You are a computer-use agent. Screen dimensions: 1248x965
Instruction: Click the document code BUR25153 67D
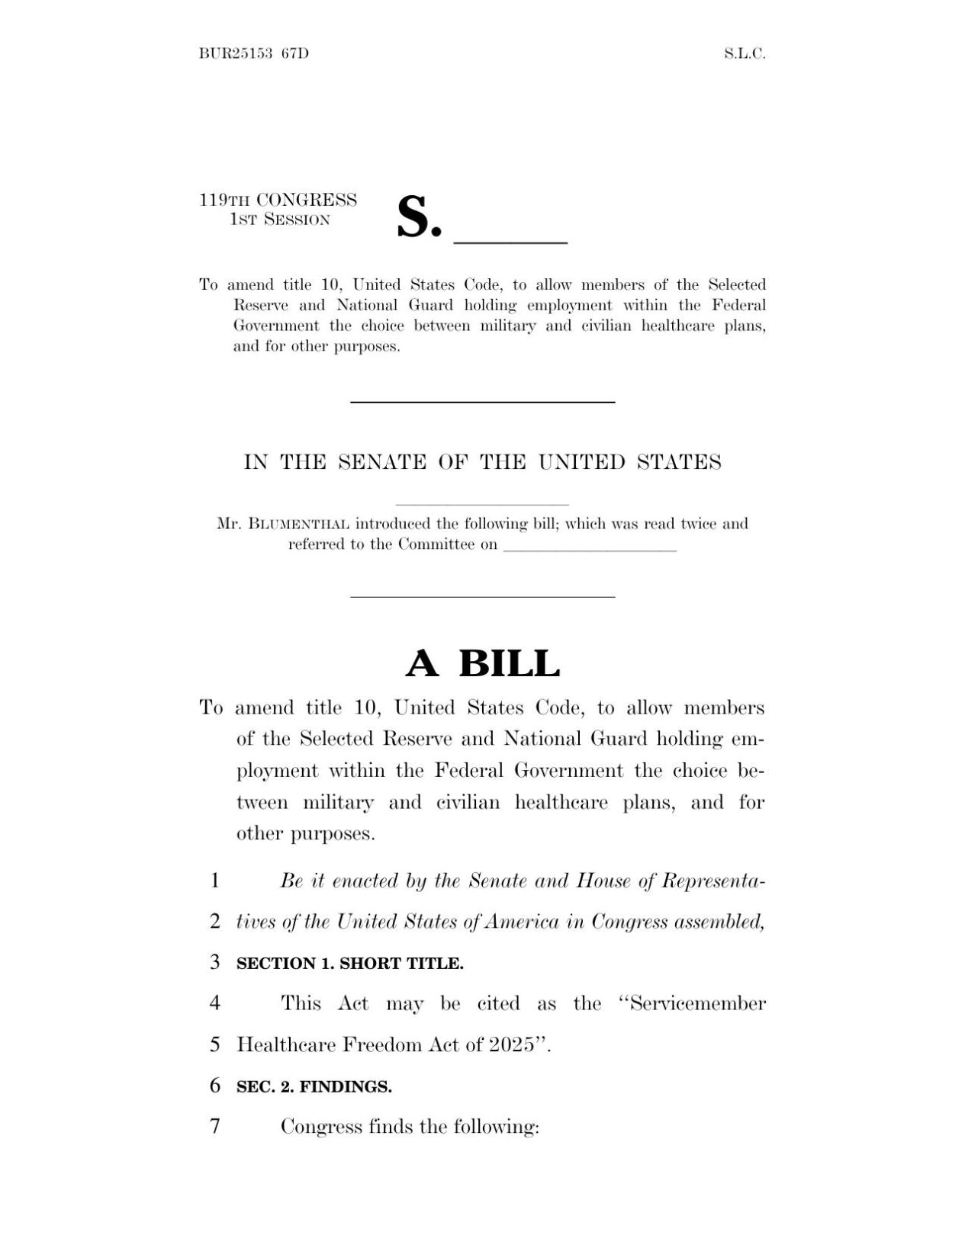coord(253,53)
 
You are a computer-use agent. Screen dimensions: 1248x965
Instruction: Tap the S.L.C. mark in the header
coord(745,53)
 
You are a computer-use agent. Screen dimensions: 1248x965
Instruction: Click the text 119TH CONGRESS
coord(278,200)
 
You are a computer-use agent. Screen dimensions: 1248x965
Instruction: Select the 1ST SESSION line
coord(280,220)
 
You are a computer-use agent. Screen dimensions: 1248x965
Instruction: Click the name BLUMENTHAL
coord(300,524)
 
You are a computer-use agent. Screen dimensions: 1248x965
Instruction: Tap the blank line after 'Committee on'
coord(590,548)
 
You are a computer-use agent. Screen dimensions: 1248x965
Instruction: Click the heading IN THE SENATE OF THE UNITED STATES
coord(482,462)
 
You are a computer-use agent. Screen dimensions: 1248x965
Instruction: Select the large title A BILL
coord(482,663)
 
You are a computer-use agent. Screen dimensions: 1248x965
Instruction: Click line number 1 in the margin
coord(215,881)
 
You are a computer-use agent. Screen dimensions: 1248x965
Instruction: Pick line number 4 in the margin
coord(215,1003)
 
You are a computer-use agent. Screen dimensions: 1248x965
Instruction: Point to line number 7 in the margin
coord(215,1125)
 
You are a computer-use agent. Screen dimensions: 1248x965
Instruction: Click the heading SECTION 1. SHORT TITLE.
coord(349,963)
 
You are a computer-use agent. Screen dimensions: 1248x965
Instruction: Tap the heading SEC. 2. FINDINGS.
coord(314,1086)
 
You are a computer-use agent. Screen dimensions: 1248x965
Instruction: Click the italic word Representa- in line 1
coord(712,881)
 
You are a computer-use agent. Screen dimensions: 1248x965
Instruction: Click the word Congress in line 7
coord(320,1125)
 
